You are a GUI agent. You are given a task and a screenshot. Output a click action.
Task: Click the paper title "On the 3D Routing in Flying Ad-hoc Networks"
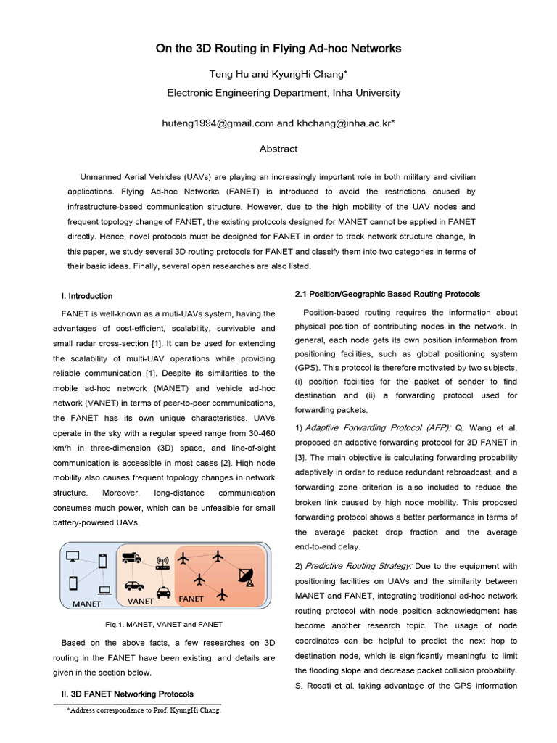tap(278, 49)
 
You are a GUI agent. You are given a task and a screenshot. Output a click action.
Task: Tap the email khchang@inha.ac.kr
tap(342, 123)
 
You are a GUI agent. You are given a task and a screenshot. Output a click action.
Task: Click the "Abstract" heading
tap(278, 149)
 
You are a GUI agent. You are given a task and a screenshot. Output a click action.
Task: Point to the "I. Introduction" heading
tap(86, 296)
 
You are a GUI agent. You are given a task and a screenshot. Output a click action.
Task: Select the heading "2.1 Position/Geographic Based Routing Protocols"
tap(387, 294)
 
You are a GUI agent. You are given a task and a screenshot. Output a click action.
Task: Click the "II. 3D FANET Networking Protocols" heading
tap(127, 694)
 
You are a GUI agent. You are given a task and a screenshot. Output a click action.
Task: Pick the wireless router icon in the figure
tap(162, 562)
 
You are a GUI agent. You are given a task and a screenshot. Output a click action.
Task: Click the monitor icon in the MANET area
tap(73, 557)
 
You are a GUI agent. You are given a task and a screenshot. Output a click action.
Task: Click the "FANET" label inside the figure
tap(191, 599)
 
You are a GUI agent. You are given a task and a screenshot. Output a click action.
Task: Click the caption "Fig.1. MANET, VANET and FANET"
tap(164, 624)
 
